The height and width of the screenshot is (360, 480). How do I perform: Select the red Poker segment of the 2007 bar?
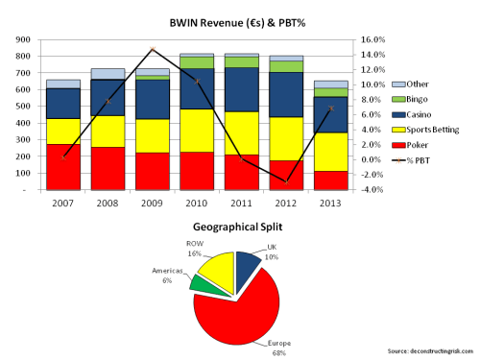click(x=63, y=167)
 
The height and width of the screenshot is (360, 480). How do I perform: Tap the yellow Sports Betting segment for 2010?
click(x=197, y=131)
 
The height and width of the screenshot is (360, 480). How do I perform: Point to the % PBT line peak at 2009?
click(x=153, y=50)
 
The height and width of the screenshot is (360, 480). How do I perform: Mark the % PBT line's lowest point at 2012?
click(x=286, y=181)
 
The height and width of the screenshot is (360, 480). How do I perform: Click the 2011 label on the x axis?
click(x=241, y=203)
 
